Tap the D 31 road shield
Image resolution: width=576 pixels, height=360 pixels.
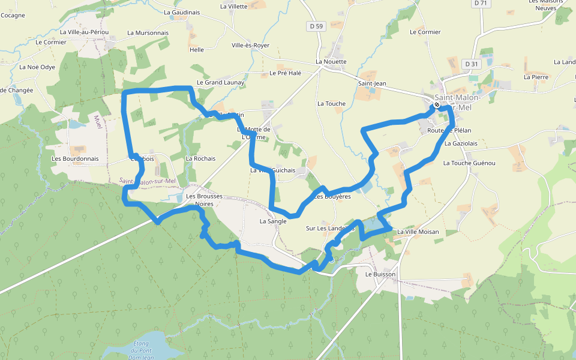472,64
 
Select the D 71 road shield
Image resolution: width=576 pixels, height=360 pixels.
480,3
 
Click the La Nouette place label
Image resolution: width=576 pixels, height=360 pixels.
331,62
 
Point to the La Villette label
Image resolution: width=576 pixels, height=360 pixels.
234,7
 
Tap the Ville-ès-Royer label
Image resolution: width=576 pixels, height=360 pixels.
250,46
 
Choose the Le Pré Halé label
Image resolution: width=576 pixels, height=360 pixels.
285,73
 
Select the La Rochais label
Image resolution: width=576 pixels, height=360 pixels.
200,159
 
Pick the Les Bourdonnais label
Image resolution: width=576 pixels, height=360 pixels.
75,159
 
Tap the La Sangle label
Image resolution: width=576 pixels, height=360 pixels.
273,221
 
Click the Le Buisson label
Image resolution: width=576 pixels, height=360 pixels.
380,274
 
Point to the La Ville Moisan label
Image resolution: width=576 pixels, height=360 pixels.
418,232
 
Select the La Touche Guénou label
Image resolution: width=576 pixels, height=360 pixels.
469,163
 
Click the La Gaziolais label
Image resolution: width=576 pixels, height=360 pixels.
461,144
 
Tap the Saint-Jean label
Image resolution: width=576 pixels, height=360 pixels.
372,83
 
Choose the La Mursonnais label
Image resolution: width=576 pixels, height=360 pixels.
148,33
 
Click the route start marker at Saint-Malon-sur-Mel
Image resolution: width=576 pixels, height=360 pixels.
437,105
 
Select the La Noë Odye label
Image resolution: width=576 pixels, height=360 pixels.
37,67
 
